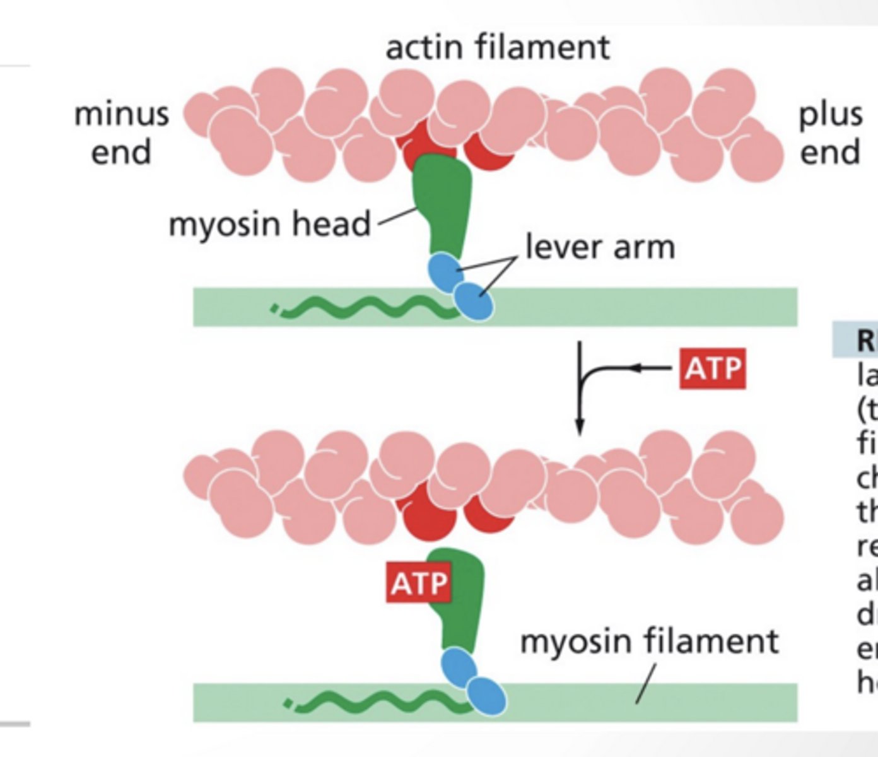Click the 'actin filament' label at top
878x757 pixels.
tap(497, 47)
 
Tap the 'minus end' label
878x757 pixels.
tap(121, 133)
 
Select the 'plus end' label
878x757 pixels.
tap(830, 133)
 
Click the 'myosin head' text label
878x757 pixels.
tap(269, 224)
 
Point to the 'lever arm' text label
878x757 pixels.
tap(600, 247)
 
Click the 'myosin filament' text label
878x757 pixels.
tap(649, 642)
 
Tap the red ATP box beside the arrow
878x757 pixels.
tap(712, 368)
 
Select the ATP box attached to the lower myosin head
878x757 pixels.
tap(419, 584)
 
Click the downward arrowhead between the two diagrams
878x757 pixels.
tap(580, 425)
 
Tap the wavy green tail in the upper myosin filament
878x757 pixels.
tap(366, 308)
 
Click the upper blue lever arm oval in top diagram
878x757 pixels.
tap(445, 271)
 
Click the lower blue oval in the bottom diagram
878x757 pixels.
tap(486, 696)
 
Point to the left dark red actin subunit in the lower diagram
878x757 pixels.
tap(426, 514)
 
